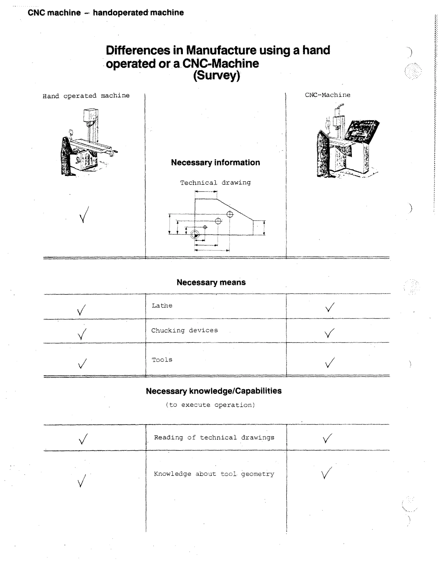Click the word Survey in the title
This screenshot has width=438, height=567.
217,75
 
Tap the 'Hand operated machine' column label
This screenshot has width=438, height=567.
86,96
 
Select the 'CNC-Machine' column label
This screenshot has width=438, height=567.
327,95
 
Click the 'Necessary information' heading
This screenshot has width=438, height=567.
215,163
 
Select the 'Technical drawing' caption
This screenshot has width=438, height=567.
215,183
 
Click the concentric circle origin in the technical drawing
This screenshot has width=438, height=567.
194,235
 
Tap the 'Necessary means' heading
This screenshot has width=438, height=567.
211,282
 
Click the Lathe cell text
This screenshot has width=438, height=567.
162,306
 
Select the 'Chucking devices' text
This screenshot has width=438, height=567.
185,331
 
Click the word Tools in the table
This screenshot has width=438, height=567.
162,360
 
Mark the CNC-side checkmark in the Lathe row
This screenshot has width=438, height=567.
330,307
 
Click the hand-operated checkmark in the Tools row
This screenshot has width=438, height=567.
82,364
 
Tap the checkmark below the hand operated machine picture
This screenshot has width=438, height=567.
84,215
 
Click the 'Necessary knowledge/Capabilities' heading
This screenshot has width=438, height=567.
214,391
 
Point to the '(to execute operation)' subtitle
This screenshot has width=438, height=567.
210,405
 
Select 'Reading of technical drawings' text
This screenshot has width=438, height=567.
214,438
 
